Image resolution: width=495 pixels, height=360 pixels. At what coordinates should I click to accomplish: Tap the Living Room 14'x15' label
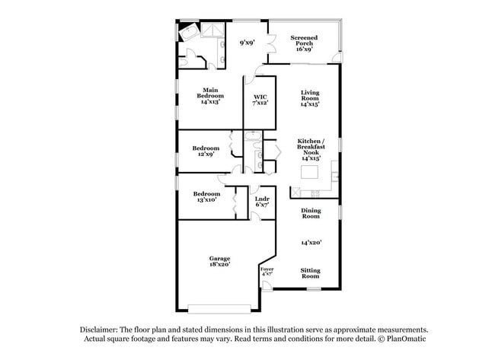[310, 98]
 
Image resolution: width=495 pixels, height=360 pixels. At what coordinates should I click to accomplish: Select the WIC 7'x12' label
[260, 100]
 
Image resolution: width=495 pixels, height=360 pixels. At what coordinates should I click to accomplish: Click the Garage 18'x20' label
[219, 261]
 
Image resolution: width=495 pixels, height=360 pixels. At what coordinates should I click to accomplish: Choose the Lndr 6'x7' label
[262, 202]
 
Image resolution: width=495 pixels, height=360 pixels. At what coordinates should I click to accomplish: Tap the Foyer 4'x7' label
[267, 272]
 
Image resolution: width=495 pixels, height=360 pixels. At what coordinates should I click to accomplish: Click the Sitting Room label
[310, 273]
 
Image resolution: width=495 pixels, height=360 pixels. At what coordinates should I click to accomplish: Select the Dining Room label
[311, 213]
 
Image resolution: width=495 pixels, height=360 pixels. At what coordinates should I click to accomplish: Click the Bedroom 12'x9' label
[206, 151]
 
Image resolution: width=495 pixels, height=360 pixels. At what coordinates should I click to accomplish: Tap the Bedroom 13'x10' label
[206, 196]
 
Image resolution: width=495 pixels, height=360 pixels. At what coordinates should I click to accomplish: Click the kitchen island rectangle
[309, 172]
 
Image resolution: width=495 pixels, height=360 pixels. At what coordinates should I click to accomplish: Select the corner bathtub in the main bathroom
[188, 32]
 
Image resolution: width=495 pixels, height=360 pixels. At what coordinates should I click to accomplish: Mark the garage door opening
[219, 309]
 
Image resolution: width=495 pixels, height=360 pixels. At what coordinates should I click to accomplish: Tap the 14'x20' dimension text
[311, 242]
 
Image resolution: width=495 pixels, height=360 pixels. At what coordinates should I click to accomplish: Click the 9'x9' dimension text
[247, 43]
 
